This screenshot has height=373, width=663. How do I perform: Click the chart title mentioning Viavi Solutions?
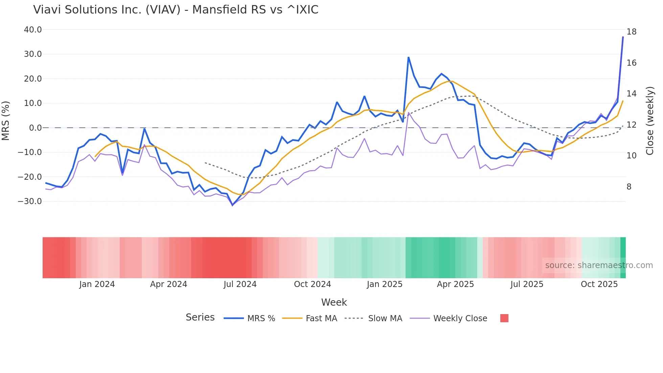(176, 10)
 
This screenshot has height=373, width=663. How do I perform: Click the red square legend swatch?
(504, 318)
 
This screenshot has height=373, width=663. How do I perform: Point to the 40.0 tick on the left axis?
(33, 30)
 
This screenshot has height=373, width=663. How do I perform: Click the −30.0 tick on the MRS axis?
(30, 201)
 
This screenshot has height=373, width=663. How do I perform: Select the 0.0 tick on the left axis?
(36, 128)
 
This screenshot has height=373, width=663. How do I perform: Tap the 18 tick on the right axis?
(631, 32)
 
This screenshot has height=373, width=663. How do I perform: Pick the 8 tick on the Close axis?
(629, 187)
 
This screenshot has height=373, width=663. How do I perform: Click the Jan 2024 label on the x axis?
(97, 284)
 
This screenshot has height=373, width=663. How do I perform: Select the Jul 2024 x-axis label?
(240, 284)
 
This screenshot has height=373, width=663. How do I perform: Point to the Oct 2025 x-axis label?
(599, 284)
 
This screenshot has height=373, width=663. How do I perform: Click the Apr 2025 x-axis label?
(455, 284)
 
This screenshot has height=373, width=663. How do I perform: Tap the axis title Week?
(334, 302)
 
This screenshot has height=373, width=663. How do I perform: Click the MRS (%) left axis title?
(6, 120)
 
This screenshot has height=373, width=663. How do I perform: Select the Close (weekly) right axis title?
(650, 120)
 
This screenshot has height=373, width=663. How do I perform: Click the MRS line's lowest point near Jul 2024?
(232, 205)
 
